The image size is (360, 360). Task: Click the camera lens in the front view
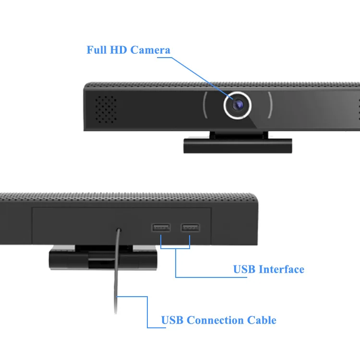click(x=237, y=104)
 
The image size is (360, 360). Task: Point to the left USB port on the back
click(x=161, y=228)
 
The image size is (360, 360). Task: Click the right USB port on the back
click(x=190, y=228)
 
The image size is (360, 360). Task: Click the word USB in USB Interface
click(x=244, y=269)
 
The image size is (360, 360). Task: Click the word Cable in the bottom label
click(x=262, y=320)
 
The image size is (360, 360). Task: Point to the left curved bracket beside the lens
click(x=205, y=104)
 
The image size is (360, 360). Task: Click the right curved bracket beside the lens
click(x=270, y=104)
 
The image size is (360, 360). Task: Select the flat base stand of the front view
click(x=238, y=145)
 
